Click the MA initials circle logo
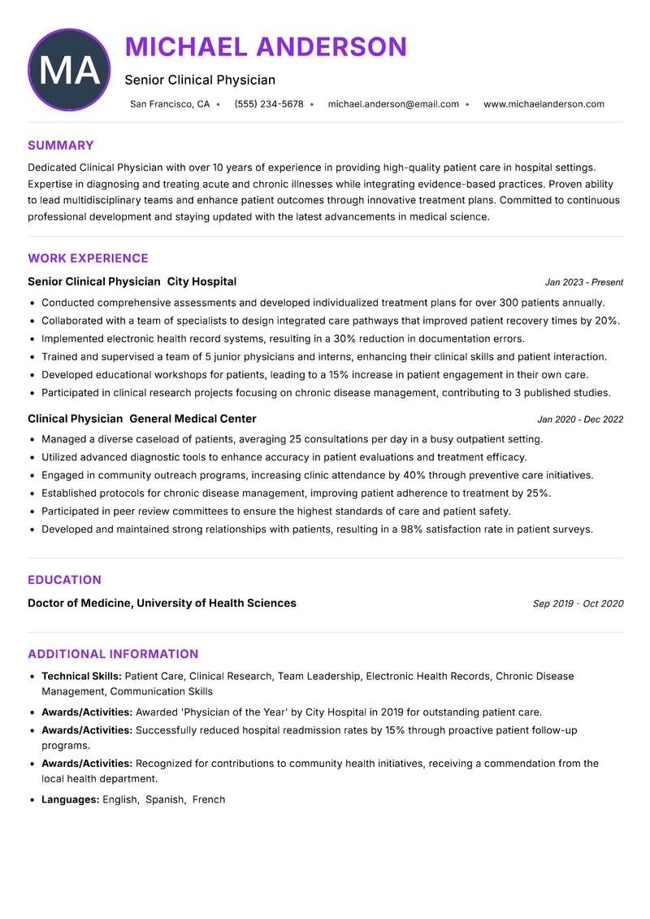(69, 70)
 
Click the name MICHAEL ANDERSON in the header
(266, 47)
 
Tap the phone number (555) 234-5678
(269, 104)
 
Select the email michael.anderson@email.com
(393, 104)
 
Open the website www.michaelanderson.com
(544, 104)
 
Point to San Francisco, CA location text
(170, 104)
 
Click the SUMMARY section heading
(61, 146)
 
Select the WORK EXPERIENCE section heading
(88, 259)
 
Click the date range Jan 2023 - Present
(583, 282)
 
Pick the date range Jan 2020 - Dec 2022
(580, 420)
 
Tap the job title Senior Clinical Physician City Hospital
(132, 281)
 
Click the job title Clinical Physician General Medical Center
(141, 419)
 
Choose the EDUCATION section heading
(64, 580)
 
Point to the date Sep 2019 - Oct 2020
(578, 603)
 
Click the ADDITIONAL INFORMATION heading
(113, 654)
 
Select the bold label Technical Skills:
(81, 676)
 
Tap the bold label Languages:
(70, 799)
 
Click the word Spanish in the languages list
(165, 799)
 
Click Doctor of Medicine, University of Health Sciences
(162, 603)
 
